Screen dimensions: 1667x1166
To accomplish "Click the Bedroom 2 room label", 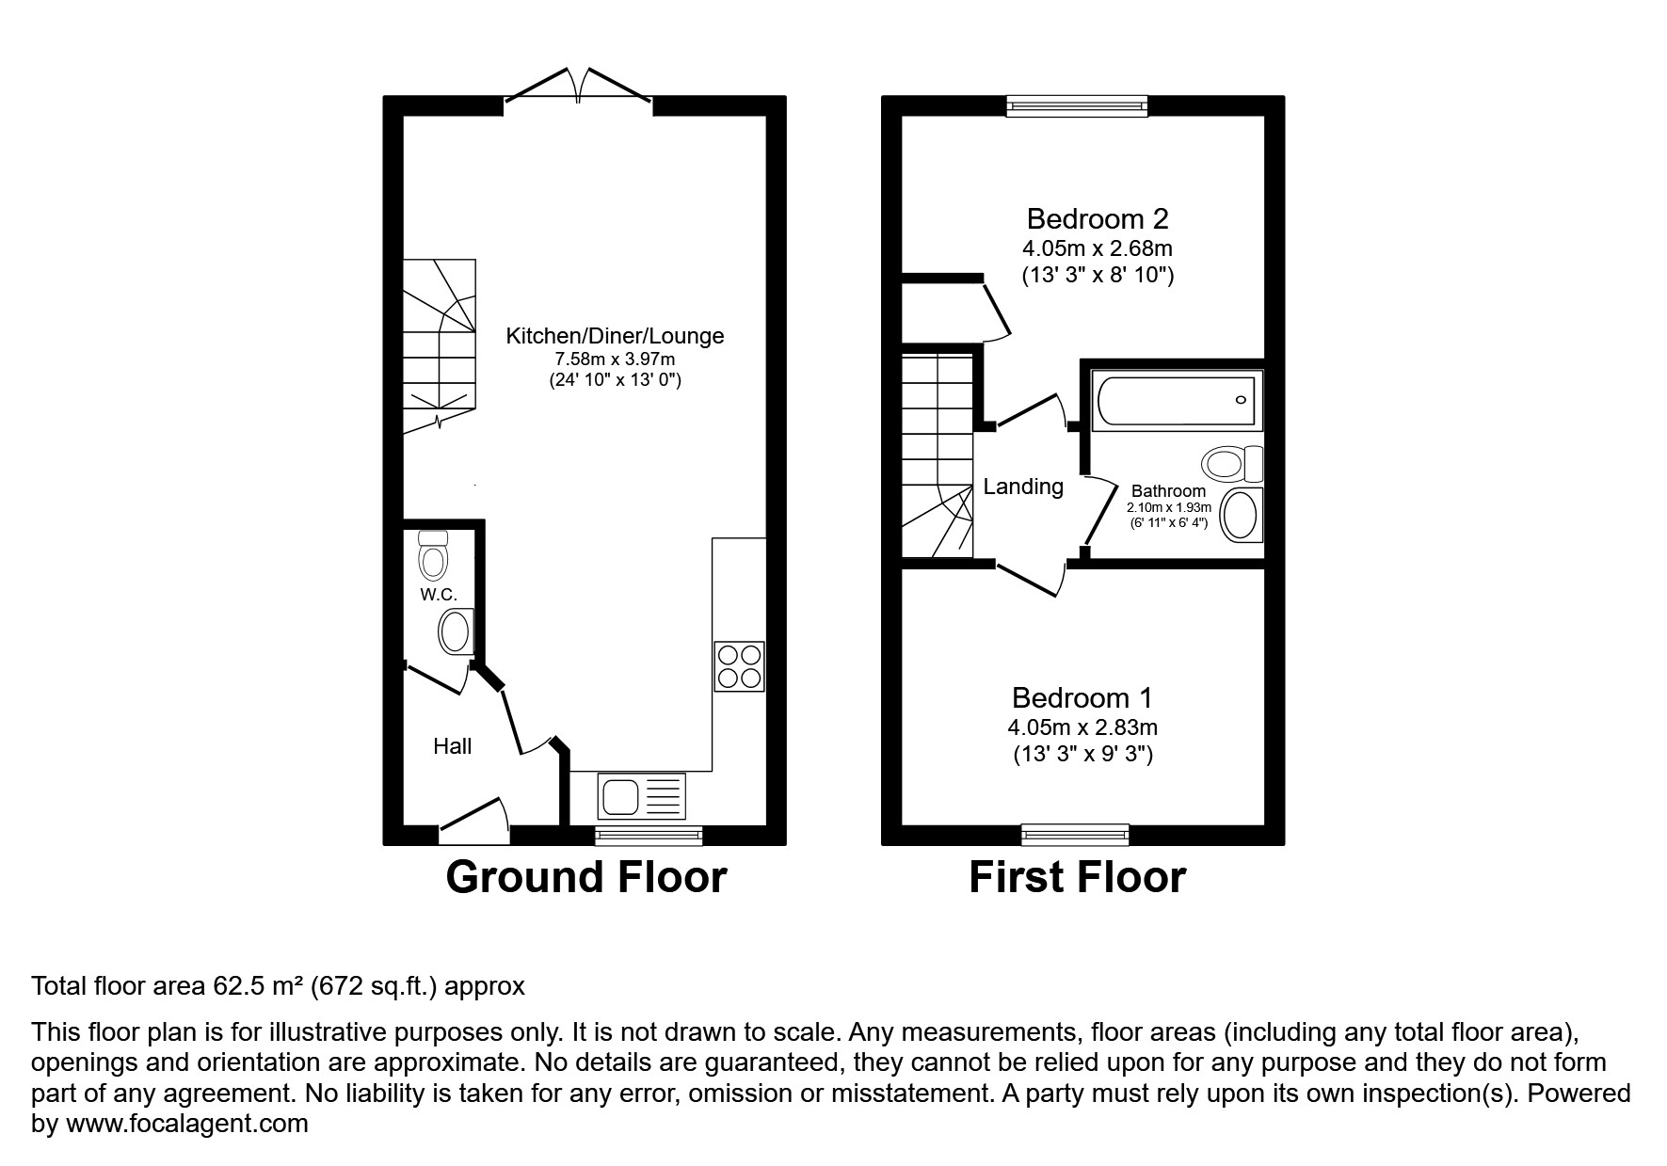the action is click(1098, 219).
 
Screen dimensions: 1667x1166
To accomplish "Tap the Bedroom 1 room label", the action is click(1082, 698).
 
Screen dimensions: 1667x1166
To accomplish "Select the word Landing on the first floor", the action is click(1023, 487).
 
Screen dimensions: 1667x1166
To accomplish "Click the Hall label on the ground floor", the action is click(453, 746).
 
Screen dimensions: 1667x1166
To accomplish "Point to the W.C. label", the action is click(439, 594).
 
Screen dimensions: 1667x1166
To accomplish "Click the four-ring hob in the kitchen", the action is click(739, 666).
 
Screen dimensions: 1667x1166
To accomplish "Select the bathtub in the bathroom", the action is click(1177, 400).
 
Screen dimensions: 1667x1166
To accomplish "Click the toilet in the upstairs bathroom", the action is click(1233, 463).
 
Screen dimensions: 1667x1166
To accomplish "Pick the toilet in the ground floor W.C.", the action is click(433, 555).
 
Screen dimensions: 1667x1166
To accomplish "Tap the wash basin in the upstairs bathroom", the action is click(1242, 516).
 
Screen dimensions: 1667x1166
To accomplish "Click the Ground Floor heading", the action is click(586, 877).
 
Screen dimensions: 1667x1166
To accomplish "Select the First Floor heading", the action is click(1077, 877).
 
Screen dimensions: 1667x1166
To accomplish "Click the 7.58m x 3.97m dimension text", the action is click(616, 359).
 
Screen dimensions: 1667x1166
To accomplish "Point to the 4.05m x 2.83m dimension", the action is click(1082, 727).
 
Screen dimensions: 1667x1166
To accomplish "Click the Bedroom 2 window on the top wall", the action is click(1077, 105).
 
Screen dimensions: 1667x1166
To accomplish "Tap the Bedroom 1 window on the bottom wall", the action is click(1076, 834).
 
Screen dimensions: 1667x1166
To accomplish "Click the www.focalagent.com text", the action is click(186, 1124).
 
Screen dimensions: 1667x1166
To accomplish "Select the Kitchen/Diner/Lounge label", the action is click(616, 336).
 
